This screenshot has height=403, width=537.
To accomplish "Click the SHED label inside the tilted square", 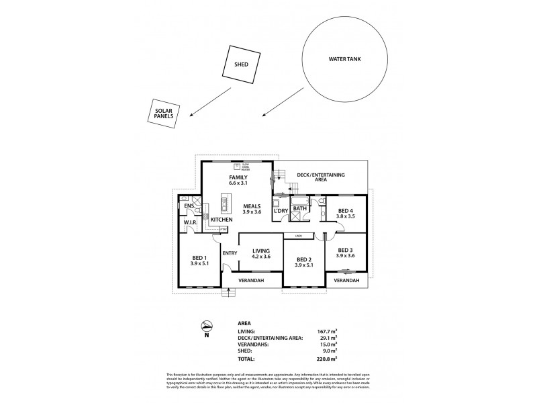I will click(x=241, y=64).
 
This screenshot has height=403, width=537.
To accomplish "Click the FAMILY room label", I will click(x=238, y=177).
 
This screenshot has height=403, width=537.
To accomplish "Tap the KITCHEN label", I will click(x=222, y=220).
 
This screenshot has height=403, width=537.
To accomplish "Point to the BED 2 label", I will click(x=304, y=259).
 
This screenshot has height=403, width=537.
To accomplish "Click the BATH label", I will click(x=300, y=209).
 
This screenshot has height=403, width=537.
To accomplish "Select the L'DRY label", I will click(x=281, y=212).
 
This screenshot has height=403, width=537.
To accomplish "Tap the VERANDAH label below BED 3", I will click(x=346, y=280).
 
